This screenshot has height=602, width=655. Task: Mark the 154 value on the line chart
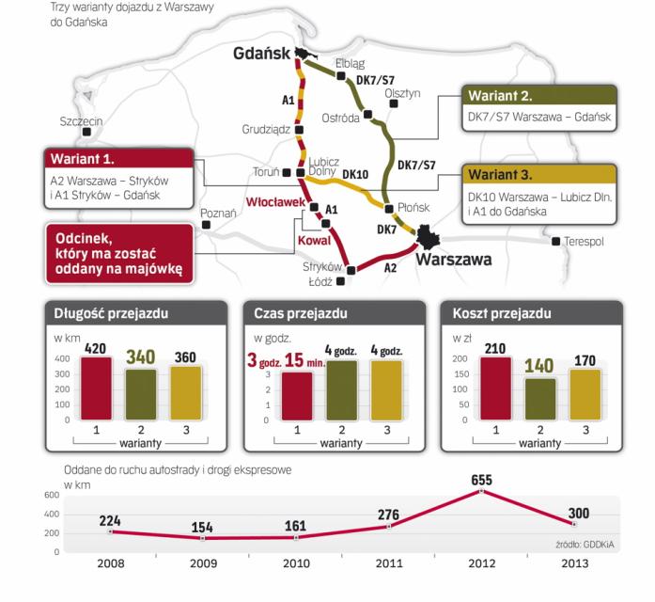click(x=203, y=525)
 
